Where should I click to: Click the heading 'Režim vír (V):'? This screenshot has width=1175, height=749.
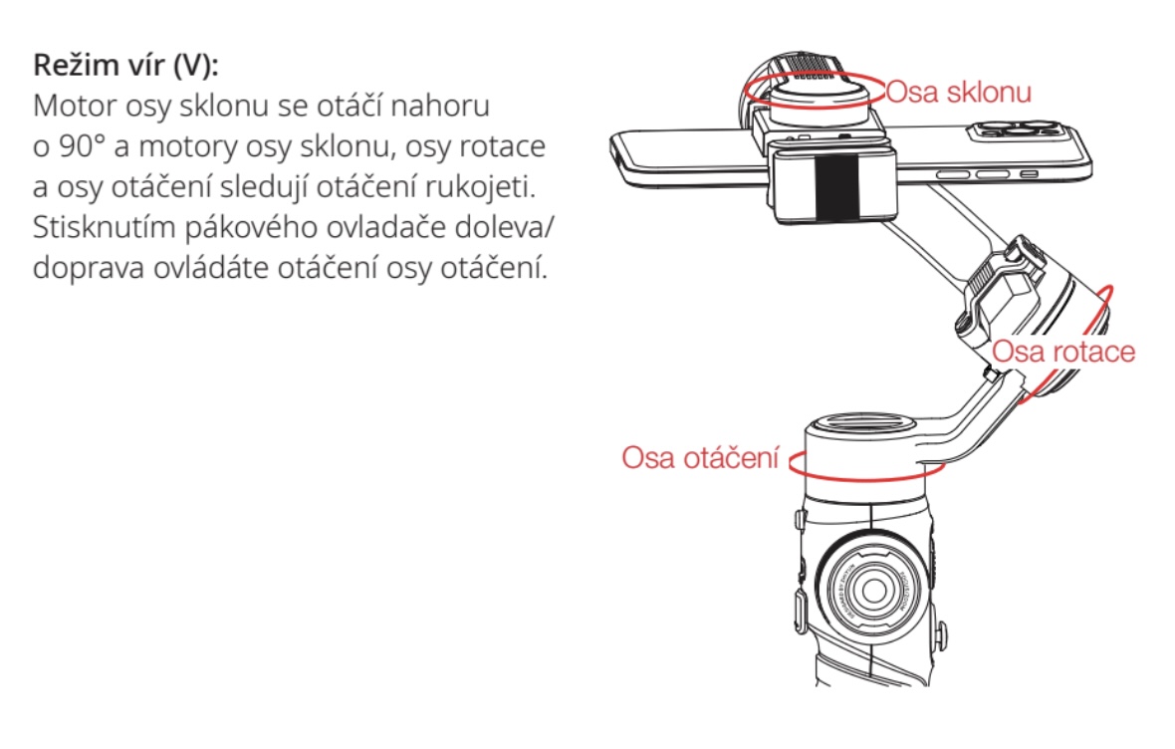click(x=125, y=65)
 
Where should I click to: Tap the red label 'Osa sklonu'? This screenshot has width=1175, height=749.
click(x=959, y=92)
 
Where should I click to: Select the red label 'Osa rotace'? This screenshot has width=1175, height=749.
click(x=1063, y=351)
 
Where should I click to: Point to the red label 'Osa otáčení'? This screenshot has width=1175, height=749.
click(x=701, y=457)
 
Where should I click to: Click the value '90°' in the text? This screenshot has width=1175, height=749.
click(x=82, y=146)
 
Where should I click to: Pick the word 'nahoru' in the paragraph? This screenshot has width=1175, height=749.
click(x=440, y=106)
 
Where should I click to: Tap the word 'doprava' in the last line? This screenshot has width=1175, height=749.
click(x=89, y=268)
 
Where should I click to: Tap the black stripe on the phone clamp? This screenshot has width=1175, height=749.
click(x=836, y=188)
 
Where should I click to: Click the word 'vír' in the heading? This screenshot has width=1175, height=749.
click(x=144, y=65)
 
